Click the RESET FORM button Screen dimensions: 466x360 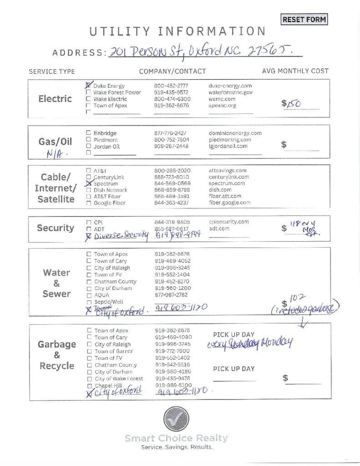point(304,20)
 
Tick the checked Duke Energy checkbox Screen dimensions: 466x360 point(88,85)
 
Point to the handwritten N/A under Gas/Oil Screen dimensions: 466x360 point(57,154)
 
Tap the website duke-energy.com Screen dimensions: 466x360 point(230,86)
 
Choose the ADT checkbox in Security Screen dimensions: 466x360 point(89,228)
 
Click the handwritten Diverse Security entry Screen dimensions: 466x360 point(121,235)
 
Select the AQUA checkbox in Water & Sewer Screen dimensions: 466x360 point(89,295)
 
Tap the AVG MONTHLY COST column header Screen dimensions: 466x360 point(295,71)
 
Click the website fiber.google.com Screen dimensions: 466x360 point(229,203)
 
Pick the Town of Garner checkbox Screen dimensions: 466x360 point(89,351)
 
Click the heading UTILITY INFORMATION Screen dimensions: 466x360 point(177,31)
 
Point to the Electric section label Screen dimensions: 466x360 point(55,99)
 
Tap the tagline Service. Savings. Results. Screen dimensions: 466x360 point(177,447)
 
